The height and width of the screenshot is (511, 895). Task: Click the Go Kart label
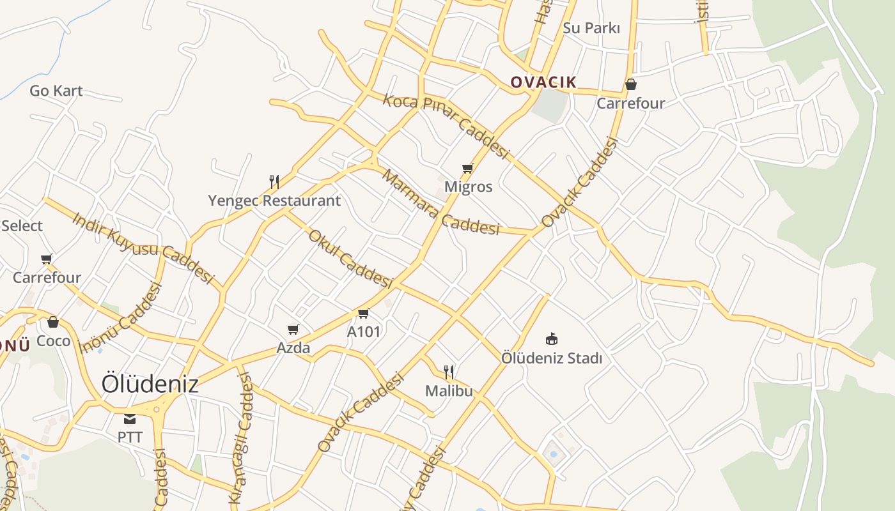[56, 91]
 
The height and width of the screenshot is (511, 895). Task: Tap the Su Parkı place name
[591, 28]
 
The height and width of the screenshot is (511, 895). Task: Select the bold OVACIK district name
[543, 82]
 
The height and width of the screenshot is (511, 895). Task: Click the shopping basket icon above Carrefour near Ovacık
[631, 84]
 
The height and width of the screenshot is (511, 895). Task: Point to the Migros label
[469, 187]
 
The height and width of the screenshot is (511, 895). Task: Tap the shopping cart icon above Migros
[468, 169]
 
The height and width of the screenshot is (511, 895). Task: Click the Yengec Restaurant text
[274, 201]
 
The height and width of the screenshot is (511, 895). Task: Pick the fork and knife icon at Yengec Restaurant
[274, 182]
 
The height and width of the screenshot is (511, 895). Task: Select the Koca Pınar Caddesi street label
[446, 126]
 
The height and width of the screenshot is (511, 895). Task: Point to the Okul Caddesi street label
[350, 258]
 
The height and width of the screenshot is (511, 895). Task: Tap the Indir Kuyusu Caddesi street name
[143, 247]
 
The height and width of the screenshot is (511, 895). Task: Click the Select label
[22, 225]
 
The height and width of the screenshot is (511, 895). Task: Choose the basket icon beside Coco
[53, 322]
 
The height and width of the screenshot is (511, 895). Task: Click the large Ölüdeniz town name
[150, 384]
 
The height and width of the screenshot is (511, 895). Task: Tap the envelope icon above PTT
[130, 419]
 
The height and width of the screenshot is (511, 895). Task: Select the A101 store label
[364, 332]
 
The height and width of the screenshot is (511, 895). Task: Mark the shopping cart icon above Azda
[293, 330]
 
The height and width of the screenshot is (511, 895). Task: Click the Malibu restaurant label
[449, 390]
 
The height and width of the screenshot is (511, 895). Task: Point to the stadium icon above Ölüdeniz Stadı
[552, 339]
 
